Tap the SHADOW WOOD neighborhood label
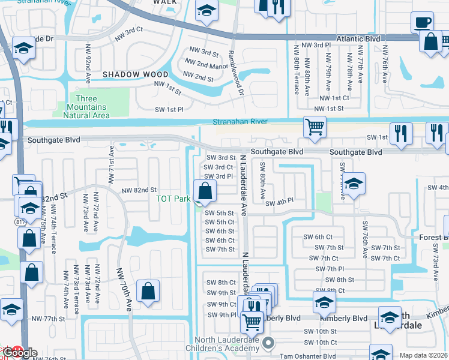click(135, 74)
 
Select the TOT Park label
click(173, 199)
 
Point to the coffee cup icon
click(422, 23)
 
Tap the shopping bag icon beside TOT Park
click(205, 191)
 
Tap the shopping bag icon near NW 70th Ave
click(148, 292)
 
